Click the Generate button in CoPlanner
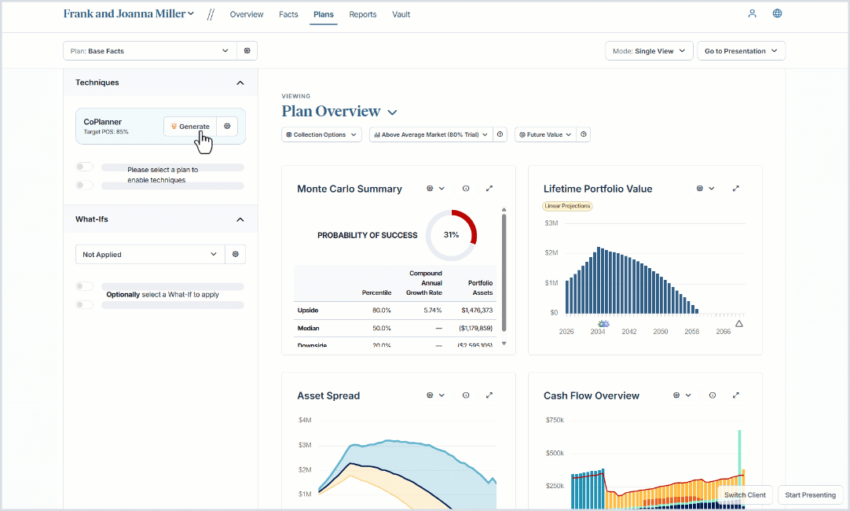point(189,127)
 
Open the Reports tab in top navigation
point(362,14)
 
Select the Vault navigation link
point(401,14)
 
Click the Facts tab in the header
point(288,14)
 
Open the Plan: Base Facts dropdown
point(149,51)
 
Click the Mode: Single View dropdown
point(649,51)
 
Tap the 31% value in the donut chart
point(451,235)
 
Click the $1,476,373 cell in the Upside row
point(476,311)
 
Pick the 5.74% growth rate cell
point(428,311)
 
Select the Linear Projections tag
point(566,206)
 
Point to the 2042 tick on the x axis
point(629,332)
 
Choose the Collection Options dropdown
point(321,134)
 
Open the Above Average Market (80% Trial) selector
point(430,134)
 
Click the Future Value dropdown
point(544,134)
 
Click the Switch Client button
point(745,495)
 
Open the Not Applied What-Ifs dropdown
point(149,255)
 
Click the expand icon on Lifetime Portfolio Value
point(736,189)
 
